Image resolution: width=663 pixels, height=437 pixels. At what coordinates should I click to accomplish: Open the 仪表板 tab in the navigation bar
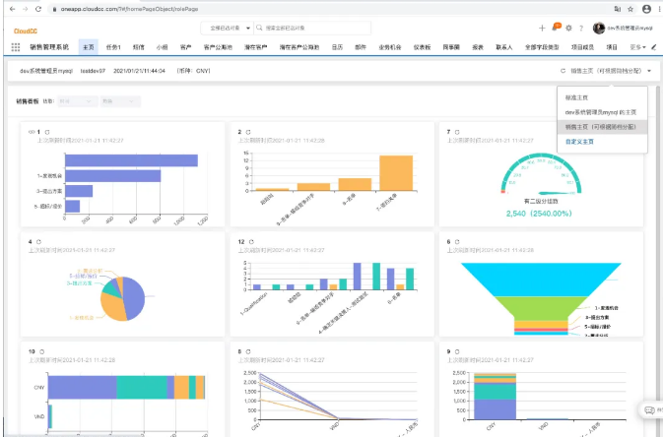422,46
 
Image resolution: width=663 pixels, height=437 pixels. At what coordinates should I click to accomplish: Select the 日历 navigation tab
337,46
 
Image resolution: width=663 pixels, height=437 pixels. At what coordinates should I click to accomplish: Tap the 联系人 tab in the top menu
504,46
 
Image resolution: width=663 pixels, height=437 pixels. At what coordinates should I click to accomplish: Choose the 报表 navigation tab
478,46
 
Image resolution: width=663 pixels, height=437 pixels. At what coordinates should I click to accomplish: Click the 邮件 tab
362,46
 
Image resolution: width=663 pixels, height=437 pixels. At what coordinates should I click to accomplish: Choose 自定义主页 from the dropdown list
580,141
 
